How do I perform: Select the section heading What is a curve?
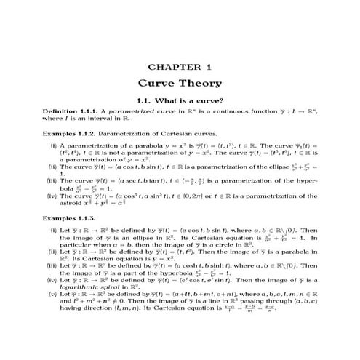(x=179, y=100)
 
